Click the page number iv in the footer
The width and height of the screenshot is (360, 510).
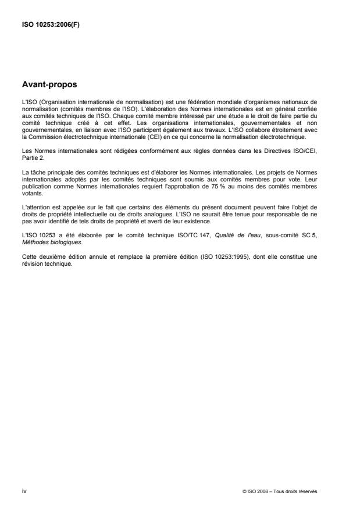24,491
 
